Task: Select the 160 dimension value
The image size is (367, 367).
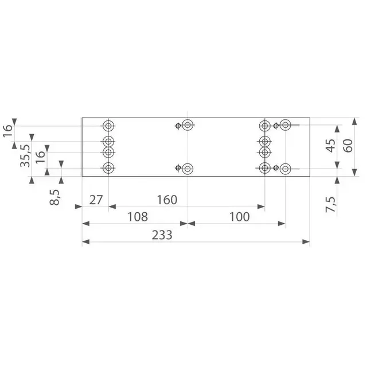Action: click(166, 200)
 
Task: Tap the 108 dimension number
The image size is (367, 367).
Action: click(137, 217)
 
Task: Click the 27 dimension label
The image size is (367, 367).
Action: click(95, 200)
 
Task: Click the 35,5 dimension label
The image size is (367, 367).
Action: click(25, 155)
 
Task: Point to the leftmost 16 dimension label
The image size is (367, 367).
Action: click(7, 132)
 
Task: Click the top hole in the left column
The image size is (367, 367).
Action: click(108, 126)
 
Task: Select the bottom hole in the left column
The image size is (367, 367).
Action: click(108, 168)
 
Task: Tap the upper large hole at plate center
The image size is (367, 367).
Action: click(188, 126)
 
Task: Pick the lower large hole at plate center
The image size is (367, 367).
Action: click(188, 168)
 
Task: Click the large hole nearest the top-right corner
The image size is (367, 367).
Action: click(286, 126)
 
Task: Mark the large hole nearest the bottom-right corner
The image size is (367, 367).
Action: click(286, 168)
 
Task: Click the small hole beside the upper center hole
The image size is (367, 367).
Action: click(179, 126)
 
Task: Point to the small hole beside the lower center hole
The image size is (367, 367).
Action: click(179, 168)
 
